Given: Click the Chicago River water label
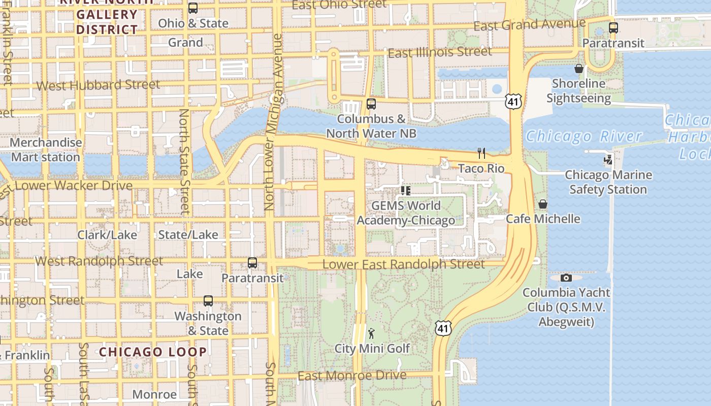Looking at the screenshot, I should click(x=584, y=137).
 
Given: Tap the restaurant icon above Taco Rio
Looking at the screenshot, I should click(x=481, y=153).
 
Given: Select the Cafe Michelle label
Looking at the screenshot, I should click(x=542, y=219).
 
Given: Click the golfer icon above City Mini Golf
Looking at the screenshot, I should click(x=372, y=333).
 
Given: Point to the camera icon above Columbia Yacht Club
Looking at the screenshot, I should click(x=566, y=278).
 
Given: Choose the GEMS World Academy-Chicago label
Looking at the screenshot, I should click(x=405, y=213).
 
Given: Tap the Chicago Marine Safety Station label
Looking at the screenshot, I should click(x=608, y=182).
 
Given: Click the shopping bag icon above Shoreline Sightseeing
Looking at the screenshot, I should click(x=578, y=69).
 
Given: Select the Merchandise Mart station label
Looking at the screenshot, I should click(x=46, y=150).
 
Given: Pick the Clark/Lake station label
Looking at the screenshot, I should click(x=107, y=235).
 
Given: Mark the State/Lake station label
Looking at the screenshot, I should click(x=188, y=235).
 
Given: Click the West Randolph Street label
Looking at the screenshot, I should click(x=99, y=261).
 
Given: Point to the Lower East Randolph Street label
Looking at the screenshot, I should click(x=403, y=264).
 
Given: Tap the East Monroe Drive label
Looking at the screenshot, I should click(x=351, y=376).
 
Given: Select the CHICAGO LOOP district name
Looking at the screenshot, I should click(x=153, y=352).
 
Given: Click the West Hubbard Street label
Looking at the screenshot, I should click(x=98, y=85).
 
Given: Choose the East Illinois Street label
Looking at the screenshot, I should click(x=439, y=52).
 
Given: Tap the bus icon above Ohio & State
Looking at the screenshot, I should click(x=193, y=8).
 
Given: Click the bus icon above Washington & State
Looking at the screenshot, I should click(x=208, y=301).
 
